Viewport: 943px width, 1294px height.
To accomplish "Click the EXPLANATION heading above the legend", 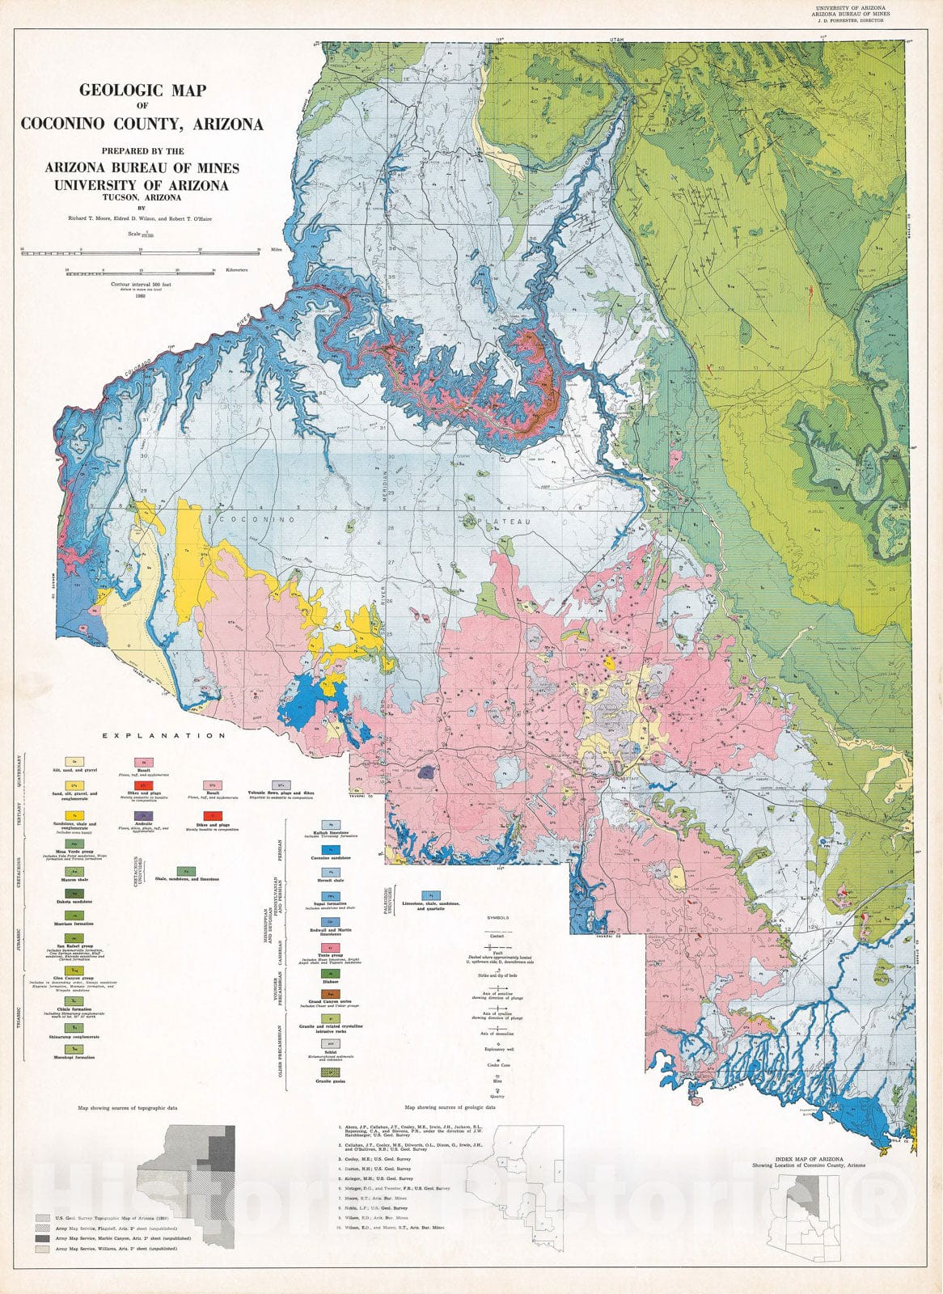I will tap(164, 736).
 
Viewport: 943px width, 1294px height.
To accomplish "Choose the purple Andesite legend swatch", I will tap(144, 816).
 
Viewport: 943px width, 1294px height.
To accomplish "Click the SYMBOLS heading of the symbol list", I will tap(495, 919).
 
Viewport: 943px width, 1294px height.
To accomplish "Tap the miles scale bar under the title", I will tap(139, 253).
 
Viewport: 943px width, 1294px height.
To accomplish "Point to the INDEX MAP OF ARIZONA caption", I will tap(818, 1159).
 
